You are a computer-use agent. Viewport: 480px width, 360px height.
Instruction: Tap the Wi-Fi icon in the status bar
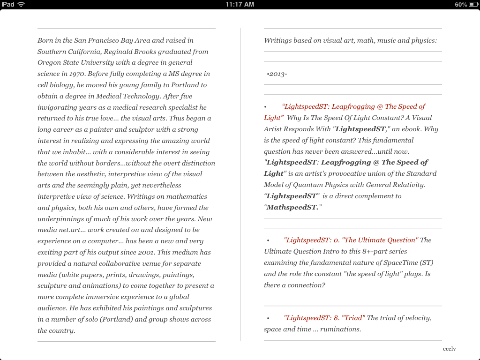click(x=21, y=4)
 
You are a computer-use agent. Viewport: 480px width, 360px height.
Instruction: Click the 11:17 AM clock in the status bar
click(x=240, y=4)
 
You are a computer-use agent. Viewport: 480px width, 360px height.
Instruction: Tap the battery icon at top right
click(x=472, y=4)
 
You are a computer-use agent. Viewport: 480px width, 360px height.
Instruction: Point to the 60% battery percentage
click(x=461, y=4)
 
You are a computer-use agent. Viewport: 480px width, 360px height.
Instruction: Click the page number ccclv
click(x=449, y=349)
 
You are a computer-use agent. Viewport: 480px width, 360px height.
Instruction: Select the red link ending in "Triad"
click(x=324, y=318)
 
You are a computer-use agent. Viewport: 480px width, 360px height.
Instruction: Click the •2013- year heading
click(x=277, y=74)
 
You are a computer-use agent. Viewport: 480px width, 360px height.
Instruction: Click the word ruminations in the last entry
click(x=340, y=329)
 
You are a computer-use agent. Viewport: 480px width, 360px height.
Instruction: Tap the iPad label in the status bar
click(x=7, y=4)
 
